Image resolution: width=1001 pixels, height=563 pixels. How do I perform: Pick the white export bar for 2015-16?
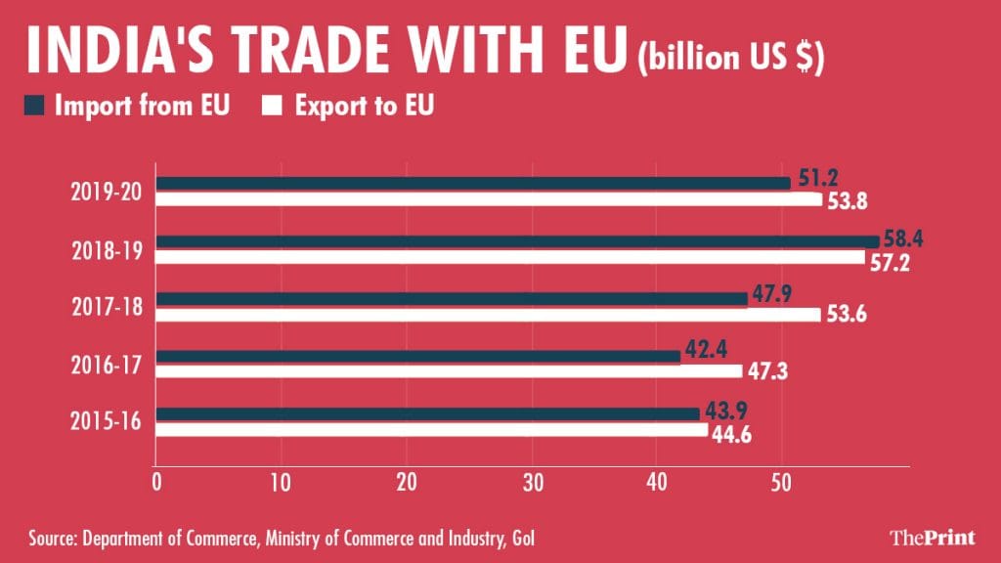tap(431, 429)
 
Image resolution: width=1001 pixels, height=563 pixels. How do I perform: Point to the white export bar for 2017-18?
tap(488, 315)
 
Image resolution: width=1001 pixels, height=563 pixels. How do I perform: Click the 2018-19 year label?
tap(109, 248)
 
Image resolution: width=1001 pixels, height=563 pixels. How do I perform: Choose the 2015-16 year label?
tap(109, 421)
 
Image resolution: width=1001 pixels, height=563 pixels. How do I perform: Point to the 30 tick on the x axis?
tap(532, 483)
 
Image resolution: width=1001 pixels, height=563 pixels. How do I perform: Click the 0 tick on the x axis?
tap(156, 483)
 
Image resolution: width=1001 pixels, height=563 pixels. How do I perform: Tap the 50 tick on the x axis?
tap(781, 483)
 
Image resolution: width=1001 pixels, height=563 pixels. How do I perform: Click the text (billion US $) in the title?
tap(731, 57)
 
